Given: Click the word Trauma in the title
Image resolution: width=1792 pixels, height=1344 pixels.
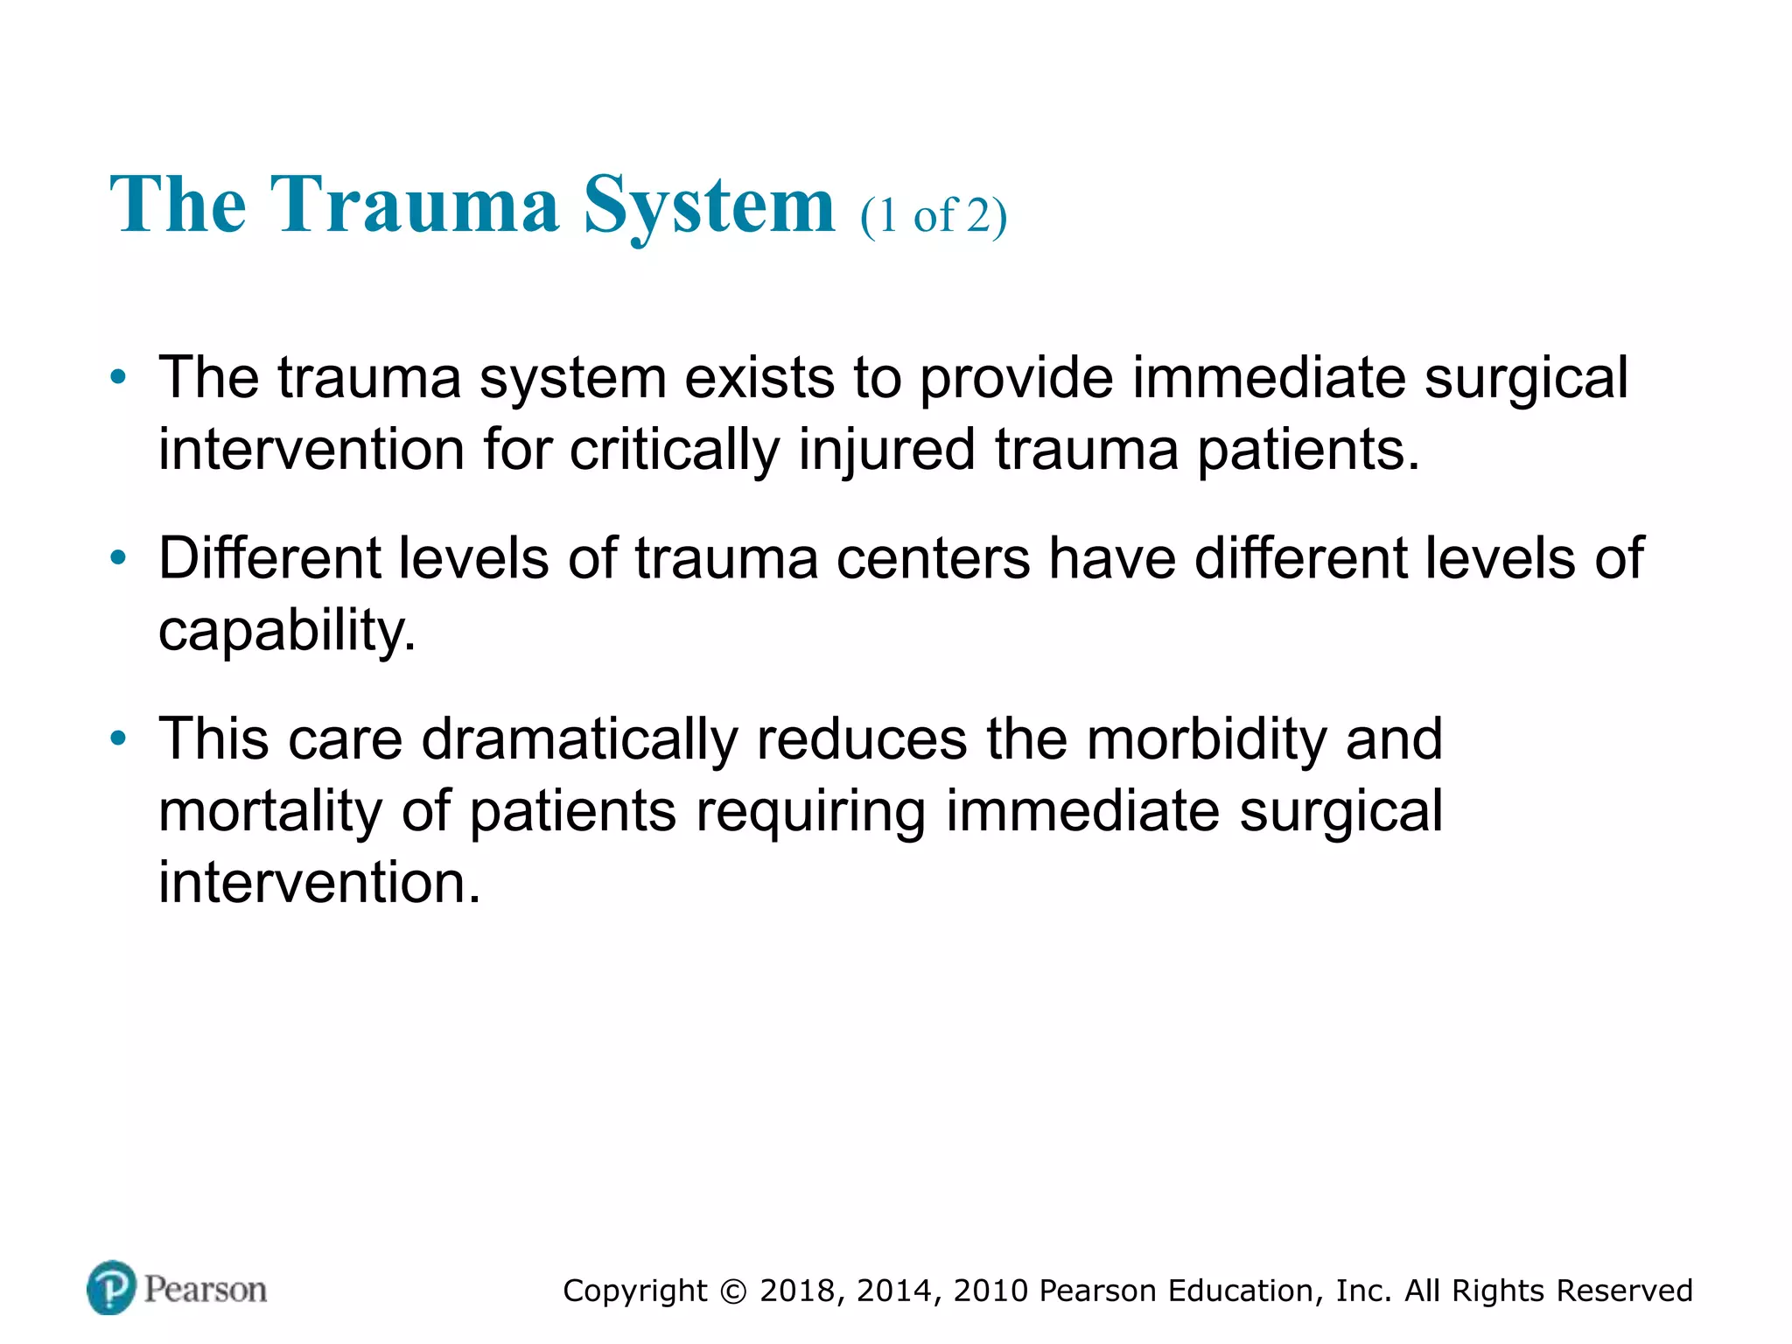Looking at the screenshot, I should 414,205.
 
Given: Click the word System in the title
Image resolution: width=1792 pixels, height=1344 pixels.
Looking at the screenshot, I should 710,206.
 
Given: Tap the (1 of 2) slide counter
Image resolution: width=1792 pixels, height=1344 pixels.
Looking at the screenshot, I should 934,215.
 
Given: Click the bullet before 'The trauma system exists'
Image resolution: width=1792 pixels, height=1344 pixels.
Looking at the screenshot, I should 118,378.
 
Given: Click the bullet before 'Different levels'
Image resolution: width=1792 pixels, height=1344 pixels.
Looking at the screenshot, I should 118,558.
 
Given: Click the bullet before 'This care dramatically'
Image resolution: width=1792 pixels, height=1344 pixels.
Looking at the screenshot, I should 118,738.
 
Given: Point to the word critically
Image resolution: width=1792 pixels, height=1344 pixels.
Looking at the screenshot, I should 674,450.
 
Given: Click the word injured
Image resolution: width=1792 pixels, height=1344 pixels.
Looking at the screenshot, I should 886,450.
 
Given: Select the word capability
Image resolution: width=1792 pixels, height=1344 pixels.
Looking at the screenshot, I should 286,631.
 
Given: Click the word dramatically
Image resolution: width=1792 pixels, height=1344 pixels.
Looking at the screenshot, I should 579,739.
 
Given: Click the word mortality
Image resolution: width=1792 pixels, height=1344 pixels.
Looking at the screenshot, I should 270,811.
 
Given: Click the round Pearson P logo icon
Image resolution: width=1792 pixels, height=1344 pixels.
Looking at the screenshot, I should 112,1287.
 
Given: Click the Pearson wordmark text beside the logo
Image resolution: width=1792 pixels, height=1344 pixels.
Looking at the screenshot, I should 206,1289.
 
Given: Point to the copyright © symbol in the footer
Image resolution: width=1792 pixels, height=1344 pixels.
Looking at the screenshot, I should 734,1291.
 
